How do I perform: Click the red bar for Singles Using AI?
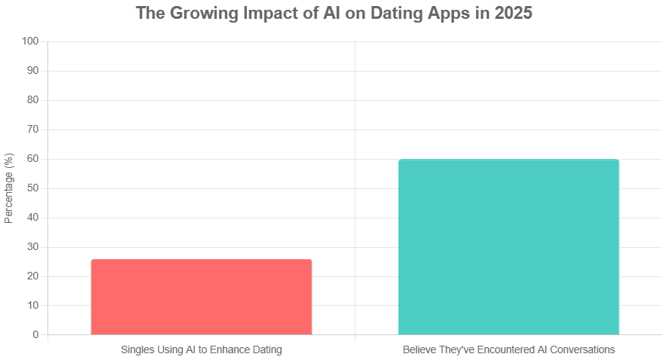pyautogui.click(x=201, y=297)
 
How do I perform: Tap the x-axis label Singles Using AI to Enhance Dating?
pyautogui.click(x=201, y=349)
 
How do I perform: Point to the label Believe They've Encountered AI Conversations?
pyautogui.click(x=508, y=349)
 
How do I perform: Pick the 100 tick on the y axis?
pyautogui.click(x=34, y=41)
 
